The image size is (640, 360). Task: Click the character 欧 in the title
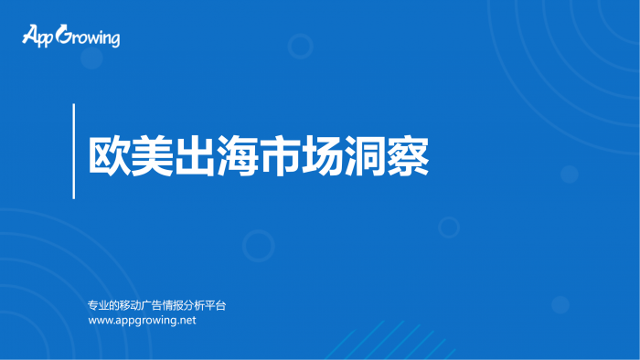click(x=109, y=155)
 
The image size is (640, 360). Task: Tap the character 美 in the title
click(x=152, y=155)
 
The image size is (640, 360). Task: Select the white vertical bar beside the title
click(x=73, y=151)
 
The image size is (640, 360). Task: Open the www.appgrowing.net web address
click(x=142, y=321)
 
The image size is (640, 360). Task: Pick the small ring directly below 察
click(x=448, y=227)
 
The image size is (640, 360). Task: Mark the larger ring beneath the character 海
click(x=258, y=245)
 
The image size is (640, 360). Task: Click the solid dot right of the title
click(x=569, y=174)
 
